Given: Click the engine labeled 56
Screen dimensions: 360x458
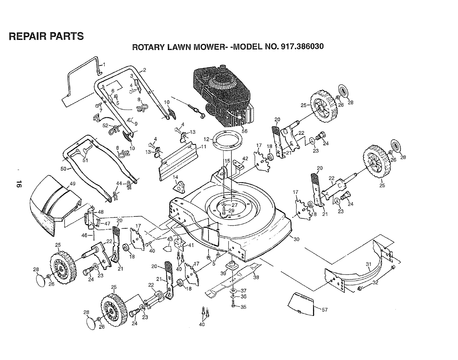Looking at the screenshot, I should (x=223, y=95).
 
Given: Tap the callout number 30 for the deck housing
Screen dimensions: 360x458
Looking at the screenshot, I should (x=296, y=239).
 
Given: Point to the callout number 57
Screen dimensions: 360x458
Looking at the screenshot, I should (x=324, y=310).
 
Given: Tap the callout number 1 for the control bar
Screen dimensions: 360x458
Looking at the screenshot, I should (x=104, y=64).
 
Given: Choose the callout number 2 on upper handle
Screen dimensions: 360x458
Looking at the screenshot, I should (x=144, y=70).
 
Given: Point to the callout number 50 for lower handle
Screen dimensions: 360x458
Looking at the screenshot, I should (x=64, y=169).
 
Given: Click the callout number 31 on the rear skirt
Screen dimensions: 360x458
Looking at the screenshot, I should (x=368, y=264).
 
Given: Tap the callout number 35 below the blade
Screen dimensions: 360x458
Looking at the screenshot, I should (x=243, y=307).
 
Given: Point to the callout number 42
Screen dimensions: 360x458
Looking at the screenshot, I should (x=245, y=158).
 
